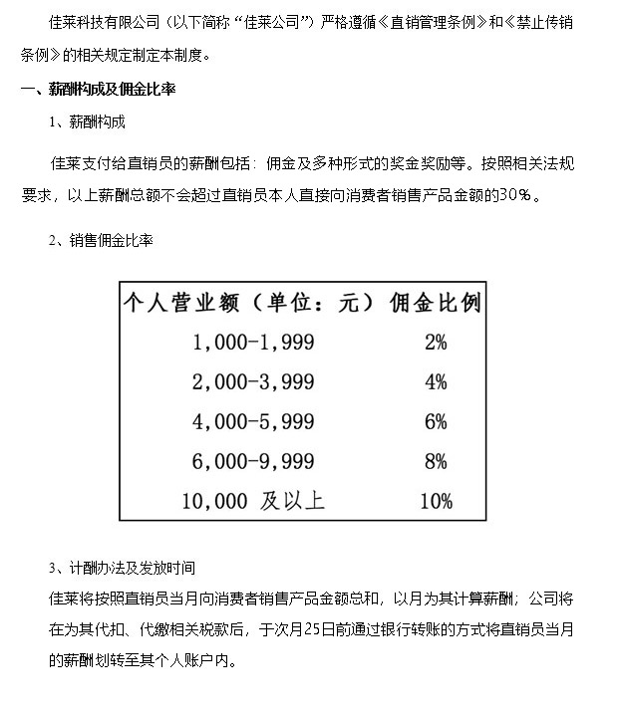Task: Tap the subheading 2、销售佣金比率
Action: [x=101, y=241]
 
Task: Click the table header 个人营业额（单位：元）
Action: [x=248, y=302]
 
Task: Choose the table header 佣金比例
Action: [x=435, y=302]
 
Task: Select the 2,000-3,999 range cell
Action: [x=253, y=381]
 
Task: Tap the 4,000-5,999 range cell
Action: [x=253, y=421]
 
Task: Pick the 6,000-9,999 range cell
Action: [x=253, y=461]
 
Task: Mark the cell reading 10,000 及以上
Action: [x=253, y=500]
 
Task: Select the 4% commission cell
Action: [x=435, y=381]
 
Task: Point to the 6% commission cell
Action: [x=435, y=421]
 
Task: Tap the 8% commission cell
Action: [x=435, y=461]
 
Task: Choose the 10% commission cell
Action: [x=436, y=500]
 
